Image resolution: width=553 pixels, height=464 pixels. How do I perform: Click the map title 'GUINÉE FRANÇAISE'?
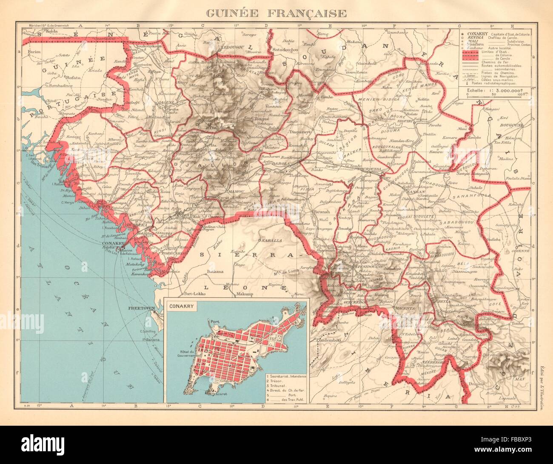[x=276, y=12]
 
